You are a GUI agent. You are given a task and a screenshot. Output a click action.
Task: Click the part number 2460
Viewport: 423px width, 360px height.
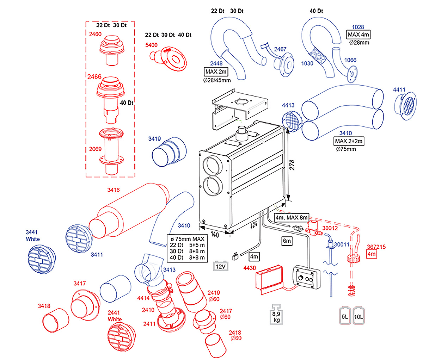click(95, 34)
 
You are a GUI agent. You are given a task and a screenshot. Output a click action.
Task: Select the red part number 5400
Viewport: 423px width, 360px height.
click(152, 45)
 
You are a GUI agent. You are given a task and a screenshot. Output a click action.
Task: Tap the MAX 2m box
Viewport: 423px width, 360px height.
click(216, 72)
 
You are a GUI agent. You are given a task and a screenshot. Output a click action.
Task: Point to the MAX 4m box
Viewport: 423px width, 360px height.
click(358, 35)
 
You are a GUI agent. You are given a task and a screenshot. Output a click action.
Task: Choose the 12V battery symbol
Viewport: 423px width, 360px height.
click(221, 266)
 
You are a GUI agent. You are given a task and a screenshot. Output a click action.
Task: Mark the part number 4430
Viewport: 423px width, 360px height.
click(250, 268)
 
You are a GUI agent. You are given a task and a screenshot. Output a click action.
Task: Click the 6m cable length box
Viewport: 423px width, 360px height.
click(287, 241)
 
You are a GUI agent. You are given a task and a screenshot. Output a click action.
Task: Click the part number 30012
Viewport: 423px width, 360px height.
click(330, 228)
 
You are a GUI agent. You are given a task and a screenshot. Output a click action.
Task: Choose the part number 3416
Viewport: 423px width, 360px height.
click(114, 190)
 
